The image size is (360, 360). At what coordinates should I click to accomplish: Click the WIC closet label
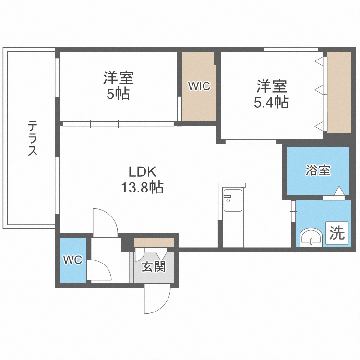199,86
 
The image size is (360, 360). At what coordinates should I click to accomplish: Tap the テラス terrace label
33,139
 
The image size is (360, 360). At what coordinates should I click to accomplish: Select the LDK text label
142,171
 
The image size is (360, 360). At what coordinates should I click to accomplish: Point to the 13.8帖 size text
142,187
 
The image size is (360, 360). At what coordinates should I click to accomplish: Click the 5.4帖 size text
272,102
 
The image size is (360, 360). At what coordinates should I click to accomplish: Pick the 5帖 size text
118,94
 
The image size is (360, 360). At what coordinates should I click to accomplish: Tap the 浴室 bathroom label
318,170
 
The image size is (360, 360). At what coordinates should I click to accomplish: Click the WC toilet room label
73,260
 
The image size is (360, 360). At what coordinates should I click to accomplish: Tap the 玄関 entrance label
153,266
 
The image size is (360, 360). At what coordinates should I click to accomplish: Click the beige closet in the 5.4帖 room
339,92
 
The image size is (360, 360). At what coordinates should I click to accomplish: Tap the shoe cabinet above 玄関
154,242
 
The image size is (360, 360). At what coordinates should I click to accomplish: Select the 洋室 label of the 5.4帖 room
272,86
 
